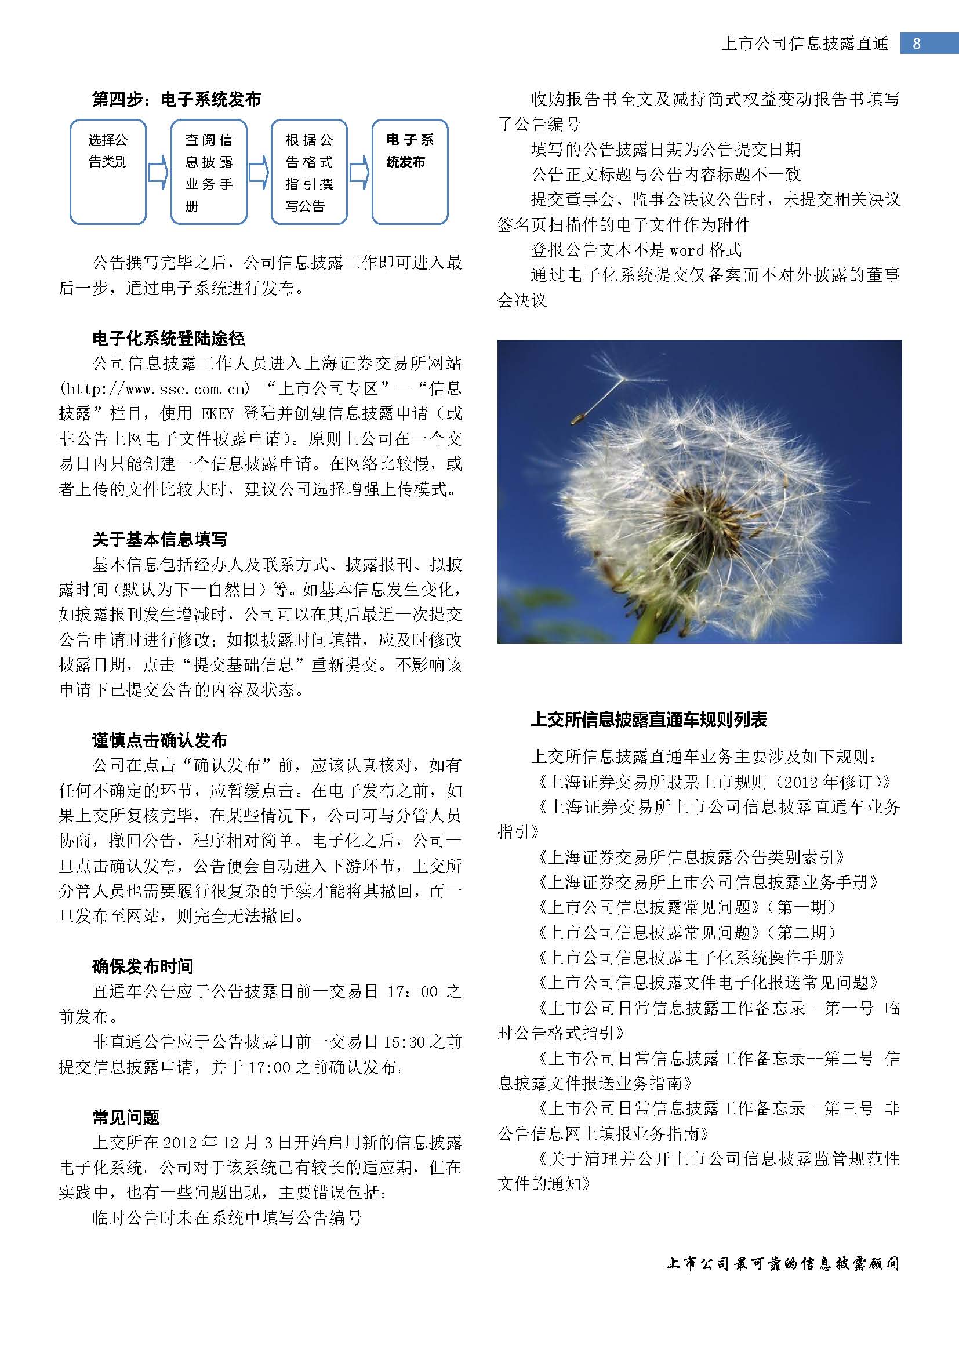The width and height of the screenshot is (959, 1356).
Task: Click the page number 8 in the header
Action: [917, 43]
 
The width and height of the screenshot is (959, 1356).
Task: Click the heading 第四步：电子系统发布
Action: [176, 99]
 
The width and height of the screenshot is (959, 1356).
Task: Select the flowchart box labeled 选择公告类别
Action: [108, 171]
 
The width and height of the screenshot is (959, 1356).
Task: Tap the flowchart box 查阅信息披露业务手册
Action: [209, 172]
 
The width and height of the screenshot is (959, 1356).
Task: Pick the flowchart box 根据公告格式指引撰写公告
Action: [309, 172]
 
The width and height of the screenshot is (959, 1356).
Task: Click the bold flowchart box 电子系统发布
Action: [410, 171]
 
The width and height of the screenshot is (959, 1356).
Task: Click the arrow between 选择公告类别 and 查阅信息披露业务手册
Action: [158, 172]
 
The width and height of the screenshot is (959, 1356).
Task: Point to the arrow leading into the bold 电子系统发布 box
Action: [359, 172]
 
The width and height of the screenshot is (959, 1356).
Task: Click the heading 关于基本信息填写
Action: [159, 539]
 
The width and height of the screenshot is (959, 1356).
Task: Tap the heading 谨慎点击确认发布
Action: [159, 740]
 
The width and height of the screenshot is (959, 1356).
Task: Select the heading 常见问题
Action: [126, 1117]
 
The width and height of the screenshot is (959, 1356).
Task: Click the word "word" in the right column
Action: [686, 250]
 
